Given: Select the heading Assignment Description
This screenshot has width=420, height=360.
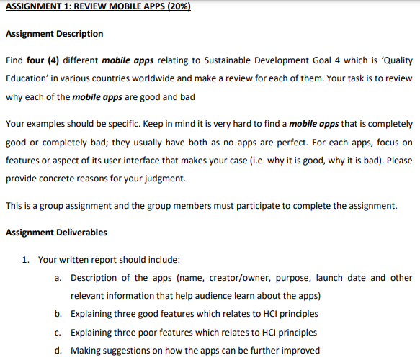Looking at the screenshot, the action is tap(54, 34).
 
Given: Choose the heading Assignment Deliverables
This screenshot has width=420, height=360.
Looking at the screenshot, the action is tap(56, 232).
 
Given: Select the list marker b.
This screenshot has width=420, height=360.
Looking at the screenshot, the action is tap(57, 314).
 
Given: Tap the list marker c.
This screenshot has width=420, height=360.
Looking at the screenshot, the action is tap(57, 332).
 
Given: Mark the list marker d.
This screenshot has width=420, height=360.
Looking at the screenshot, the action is tap(57, 351).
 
